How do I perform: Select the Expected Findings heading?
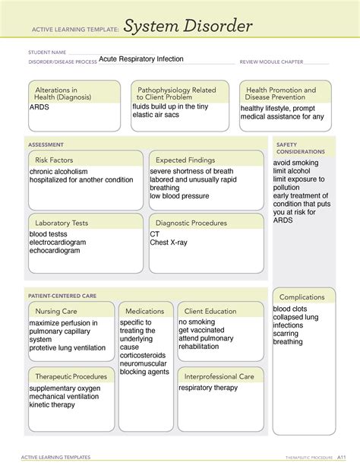185,160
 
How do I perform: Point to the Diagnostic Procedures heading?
191,223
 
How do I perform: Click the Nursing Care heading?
55,312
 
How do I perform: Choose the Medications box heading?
144,312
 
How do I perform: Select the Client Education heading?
210,312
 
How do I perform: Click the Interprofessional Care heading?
219,376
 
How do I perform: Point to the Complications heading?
302,296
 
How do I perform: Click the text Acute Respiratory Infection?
141,59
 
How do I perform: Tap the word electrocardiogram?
58,243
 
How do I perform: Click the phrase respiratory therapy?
209,388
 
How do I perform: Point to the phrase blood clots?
291,309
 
